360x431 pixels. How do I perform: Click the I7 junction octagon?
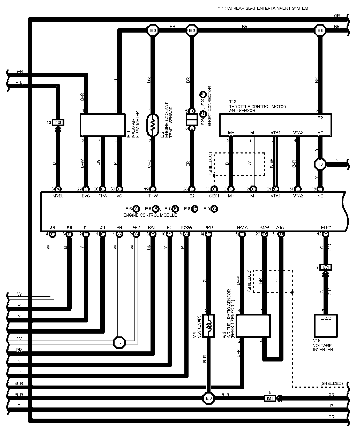(x=119, y=343)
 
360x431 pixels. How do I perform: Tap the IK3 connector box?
(x=58, y=122)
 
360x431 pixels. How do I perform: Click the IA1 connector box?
(x=326, y=267)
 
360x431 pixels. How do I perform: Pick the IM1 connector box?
(x=270, y=398)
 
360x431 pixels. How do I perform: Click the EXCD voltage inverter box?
(x=326, y=326)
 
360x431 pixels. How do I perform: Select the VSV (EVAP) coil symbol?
(x=208, y=326)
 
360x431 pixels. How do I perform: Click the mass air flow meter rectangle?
(x=102, y=125)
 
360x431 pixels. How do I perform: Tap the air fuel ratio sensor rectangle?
(x=253, y=326)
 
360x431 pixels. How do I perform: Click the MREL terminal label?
(x=58, y=196)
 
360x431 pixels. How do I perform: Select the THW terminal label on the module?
(x=153, y=196)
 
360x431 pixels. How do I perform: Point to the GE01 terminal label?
(x=214, y=196)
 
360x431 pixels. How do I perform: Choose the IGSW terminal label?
(x=187, y=228)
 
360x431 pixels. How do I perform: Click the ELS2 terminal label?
(x=326, y=228)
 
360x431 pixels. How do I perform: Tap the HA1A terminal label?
(x=242, y=228)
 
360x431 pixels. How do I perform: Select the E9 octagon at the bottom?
(x=208, y=398)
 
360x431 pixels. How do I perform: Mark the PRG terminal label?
(x=208, y=228)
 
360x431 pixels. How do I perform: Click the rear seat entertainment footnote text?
(x=263, y=8)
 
